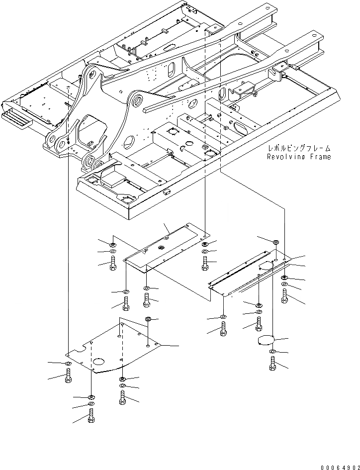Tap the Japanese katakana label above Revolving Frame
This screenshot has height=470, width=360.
point(298,149)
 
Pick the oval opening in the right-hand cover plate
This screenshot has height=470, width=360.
point(266,267)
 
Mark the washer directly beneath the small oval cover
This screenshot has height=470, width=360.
point(272,352)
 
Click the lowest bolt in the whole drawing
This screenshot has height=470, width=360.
point(91,415)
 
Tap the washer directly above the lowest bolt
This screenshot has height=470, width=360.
point(91,403)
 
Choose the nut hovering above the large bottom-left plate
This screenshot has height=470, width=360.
point(148,318)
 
